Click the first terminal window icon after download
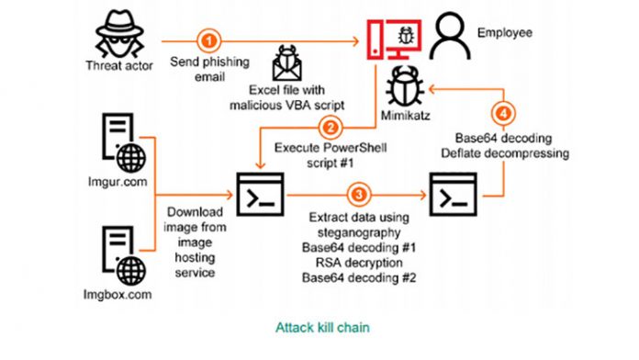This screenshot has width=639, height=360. pyautogui.click(x=260, y=195)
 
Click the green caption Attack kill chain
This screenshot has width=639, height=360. pyautogui.click(x=319, y=325)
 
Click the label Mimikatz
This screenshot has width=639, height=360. pyautogui.click(x=403, y=118)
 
